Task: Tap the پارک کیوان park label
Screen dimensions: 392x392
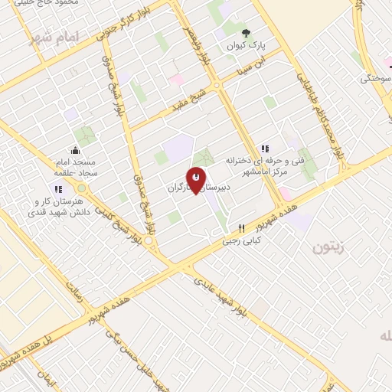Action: point(245,46)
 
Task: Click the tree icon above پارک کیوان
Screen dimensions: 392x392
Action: point(245,33)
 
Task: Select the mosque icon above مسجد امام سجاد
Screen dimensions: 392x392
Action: point(75,150)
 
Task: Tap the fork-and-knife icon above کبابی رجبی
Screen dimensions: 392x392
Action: point(242,227)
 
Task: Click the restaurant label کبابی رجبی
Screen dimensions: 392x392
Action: point(242,240)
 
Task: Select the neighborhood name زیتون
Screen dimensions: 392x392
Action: point(328,247)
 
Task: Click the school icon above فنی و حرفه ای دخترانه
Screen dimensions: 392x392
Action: point(265,148)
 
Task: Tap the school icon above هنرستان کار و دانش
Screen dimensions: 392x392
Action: point(57,189)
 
